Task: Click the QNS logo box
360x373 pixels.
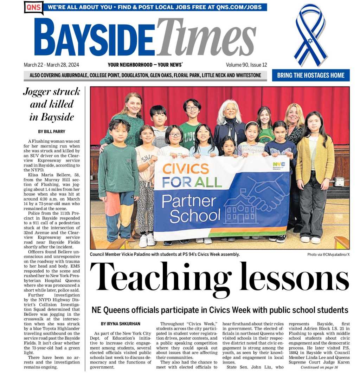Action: [33, 7]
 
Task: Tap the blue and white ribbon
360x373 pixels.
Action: [310, 35]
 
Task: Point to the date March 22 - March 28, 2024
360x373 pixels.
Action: [51, 65]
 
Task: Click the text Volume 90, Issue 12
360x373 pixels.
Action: [246, 65]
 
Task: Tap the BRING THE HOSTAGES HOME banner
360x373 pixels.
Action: [310, 76]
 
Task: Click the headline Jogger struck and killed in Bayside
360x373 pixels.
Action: [51, 104]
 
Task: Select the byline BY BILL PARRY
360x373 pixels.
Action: [51, 132]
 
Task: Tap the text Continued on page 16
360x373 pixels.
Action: [319, 367]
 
